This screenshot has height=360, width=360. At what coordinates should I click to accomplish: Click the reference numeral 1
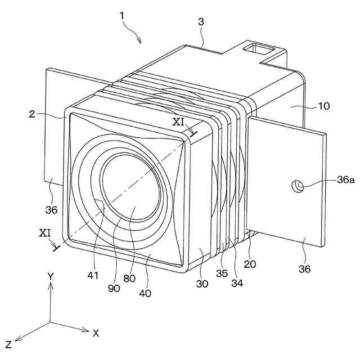tap(123, 16)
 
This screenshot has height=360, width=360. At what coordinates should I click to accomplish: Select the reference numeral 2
tap(33, 114)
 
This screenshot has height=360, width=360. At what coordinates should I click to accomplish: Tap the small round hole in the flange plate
tap(297, 185)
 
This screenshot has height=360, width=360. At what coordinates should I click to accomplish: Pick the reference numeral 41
tap(93, 276)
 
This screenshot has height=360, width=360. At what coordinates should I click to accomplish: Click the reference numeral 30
tap(202, 284)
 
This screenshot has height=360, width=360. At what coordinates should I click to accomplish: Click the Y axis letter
tap(50, 276)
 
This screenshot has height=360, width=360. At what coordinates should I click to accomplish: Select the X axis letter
tap(96, 332)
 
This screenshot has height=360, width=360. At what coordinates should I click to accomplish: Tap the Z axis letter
tap(8, 344)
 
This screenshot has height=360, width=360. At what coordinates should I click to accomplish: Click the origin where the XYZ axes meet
tap(50, 323)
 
